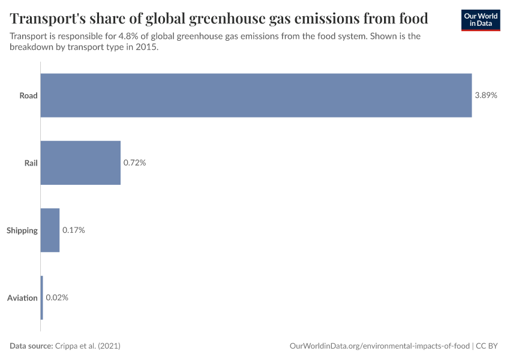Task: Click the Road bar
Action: click(256, 95)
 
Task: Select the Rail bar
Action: click(80, 163)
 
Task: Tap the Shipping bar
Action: click(50, 230)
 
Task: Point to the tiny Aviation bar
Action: click(42, 298)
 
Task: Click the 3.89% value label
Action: click(485, 95)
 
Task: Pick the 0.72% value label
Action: click(134, 163)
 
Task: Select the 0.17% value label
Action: click(73, 230)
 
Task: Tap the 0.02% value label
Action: click(57, 298)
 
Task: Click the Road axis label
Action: click(28, 95)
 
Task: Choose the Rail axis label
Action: click(31, 163)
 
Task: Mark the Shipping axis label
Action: click(22, 230)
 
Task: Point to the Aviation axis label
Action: click(22, 298)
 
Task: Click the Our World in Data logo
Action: click(480, 20)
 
